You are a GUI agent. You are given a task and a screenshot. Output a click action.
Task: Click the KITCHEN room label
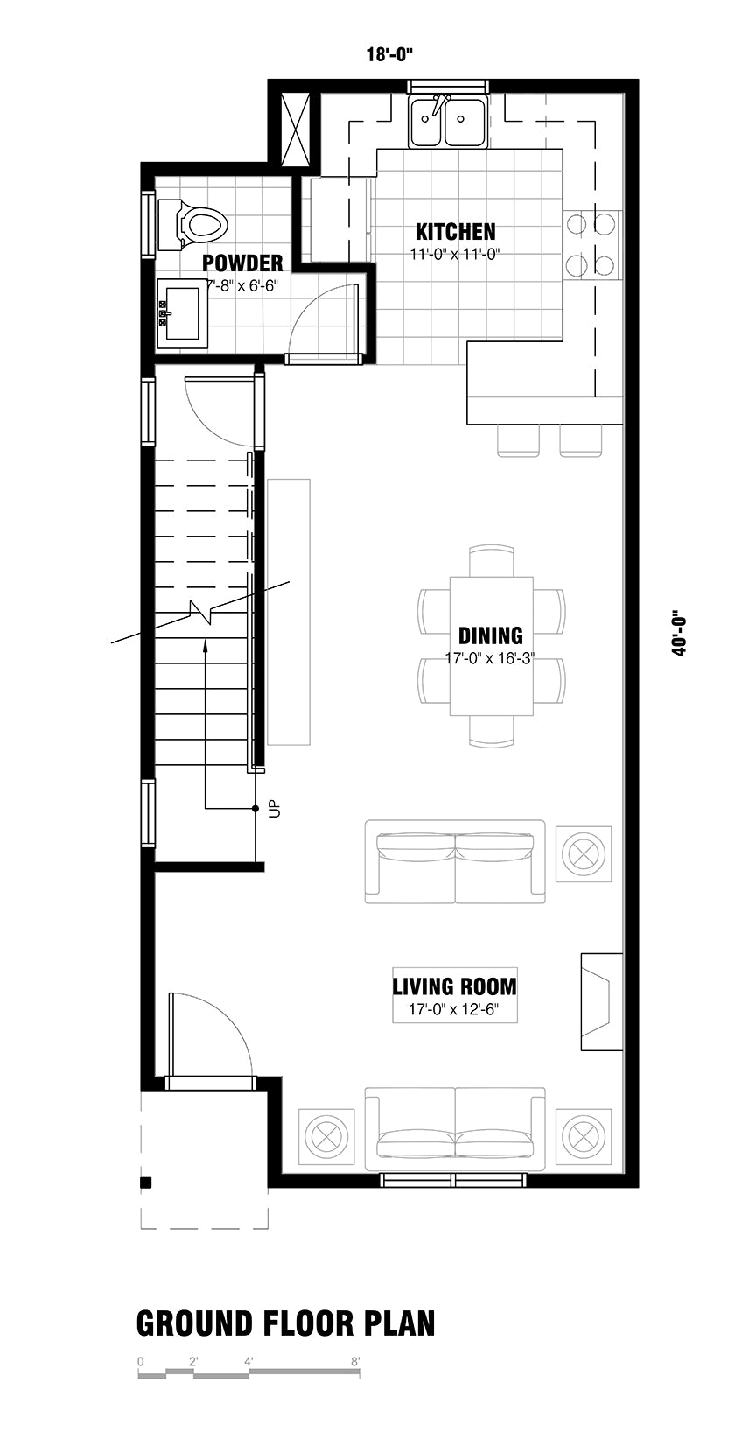coord(455,231)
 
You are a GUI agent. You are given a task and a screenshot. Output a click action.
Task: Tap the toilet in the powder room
coord(193,225)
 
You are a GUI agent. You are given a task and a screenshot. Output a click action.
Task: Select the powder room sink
coord(183,313)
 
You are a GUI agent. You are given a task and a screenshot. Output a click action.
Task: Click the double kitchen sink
coord(447,122)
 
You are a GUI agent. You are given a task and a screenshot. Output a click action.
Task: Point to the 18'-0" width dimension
coord(389,55)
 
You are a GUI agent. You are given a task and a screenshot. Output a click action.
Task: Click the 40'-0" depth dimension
coord(679,633)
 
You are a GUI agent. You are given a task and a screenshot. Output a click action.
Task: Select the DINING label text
coord(490,635)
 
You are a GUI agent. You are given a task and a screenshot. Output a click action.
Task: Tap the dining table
coord(492,646)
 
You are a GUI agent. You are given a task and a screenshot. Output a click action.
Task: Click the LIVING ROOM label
coord(455,986)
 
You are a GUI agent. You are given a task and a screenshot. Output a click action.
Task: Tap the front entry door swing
coord(210,1035)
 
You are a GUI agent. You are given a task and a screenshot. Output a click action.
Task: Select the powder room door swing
coord(323,319)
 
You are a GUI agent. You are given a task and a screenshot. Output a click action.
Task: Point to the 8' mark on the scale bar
coord(354,1361)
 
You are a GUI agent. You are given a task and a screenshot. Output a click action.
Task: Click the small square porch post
coord(146,1183)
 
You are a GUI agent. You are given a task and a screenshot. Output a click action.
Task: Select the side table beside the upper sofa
coord(583,853)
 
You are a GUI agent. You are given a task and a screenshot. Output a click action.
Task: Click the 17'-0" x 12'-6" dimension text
coord(455,1009)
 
